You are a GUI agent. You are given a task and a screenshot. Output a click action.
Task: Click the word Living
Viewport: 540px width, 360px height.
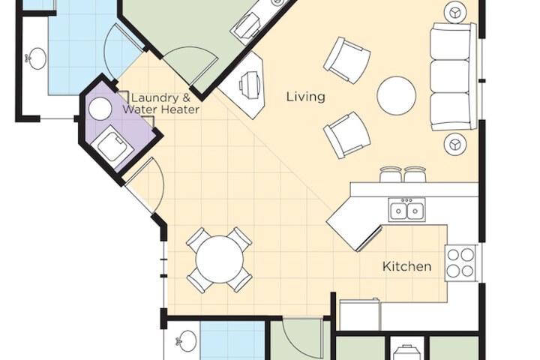coord(306,97)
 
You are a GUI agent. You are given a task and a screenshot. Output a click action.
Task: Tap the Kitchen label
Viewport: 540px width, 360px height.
coord(406,266)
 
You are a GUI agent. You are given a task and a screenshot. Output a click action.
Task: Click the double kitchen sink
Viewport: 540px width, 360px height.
coord(406,210)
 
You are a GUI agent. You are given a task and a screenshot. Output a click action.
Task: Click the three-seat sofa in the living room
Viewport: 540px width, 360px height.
coord(451,76)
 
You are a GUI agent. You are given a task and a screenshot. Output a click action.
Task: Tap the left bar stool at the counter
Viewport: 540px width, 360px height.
coord(391,175)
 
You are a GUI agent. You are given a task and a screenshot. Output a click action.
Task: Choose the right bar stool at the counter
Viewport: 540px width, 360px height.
coord(415,175)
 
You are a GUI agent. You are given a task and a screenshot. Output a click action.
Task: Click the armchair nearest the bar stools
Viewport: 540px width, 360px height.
coord(346,135)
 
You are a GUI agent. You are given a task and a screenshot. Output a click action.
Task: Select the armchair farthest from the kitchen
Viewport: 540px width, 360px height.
coord(346,58)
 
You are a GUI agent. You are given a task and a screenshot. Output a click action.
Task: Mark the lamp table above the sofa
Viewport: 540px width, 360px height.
coord(455,13)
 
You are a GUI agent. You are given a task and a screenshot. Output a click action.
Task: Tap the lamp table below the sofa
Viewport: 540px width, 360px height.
coord(455,143)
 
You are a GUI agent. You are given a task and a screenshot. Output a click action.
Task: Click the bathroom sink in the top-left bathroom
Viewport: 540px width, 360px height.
coord(35,59)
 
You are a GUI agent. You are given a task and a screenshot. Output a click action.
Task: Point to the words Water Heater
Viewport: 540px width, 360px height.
coord(161,110)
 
